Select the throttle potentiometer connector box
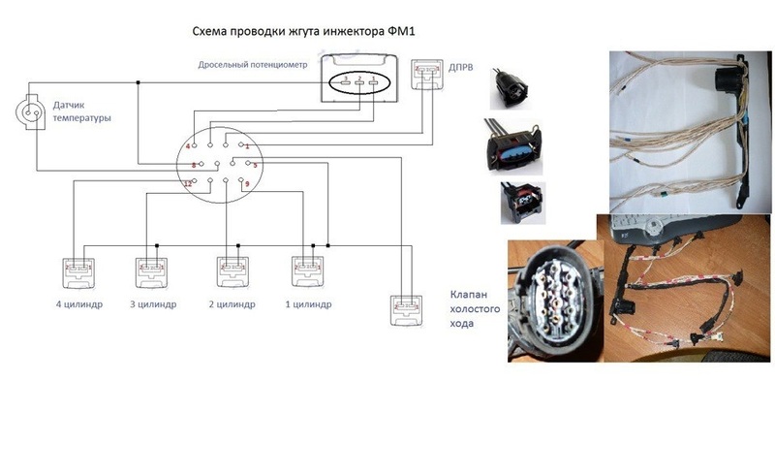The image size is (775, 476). pos(358,79)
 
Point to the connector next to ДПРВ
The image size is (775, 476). pos(426,75)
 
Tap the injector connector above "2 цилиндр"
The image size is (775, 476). pos(232,270)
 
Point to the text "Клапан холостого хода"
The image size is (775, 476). pos(476,308)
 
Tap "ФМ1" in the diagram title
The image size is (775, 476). pos(400,32)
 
